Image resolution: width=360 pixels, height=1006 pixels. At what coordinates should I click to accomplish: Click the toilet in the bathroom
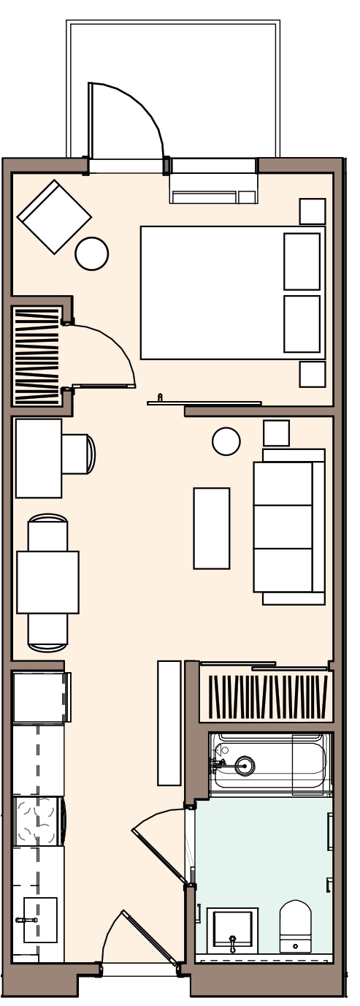tap(295, 925)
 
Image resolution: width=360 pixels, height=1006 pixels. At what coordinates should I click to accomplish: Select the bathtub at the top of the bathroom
tap(271, 764)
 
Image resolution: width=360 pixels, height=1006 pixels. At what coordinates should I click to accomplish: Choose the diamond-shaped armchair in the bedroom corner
tap(54, 217)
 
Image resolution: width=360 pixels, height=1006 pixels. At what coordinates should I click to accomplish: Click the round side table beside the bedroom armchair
tap(92, 254)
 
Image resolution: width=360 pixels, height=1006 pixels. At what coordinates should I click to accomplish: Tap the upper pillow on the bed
tap(302, 261)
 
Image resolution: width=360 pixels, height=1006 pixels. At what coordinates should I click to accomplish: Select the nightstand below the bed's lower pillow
tap(312, 374)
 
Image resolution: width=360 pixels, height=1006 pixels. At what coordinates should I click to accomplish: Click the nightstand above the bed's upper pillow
tap(312, 211)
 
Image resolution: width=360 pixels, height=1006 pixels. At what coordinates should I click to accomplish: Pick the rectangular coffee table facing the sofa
tap(212, 527)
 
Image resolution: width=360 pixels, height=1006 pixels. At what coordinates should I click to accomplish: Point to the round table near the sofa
tap(226, 441)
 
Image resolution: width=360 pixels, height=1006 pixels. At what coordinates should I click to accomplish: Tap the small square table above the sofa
tap(276, 433)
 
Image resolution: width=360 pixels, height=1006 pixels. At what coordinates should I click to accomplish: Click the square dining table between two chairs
tap(47, 582)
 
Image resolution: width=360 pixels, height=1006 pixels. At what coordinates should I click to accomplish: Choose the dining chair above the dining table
tap(47, 532)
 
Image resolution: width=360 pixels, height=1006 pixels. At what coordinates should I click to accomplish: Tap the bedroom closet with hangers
tap(37, 356)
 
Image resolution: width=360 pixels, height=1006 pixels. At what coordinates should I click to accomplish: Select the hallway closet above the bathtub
tap(267, 697)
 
